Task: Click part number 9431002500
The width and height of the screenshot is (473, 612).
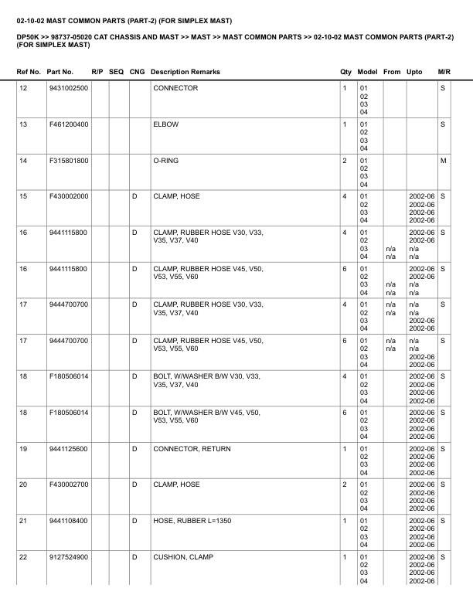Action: tap(68, 88)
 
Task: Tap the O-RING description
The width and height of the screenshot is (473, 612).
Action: tap(166, 161)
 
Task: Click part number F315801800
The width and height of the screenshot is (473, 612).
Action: tap(68, 161)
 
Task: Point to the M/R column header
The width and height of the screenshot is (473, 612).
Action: tap(444, 72)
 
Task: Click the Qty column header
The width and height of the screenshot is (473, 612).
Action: tap(345, 72)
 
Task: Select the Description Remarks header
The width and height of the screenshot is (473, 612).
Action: tap(185, 72)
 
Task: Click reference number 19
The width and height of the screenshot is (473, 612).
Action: tap(23, 449)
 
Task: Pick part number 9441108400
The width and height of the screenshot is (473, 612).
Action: tap(68, 521)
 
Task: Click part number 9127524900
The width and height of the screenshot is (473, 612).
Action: tap(68, 557)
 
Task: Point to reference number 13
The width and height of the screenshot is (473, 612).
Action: tap(23, 124)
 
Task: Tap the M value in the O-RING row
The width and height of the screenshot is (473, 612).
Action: tap(444, 161)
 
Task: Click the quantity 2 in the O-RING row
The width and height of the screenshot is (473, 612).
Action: tap(344, 161)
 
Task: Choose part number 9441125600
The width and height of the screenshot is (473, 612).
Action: tap(68, 449)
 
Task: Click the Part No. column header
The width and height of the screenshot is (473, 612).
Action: tap(60, 72)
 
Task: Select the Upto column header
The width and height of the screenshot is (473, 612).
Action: tap(414, 72)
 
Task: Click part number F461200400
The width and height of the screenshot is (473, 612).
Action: tap(68, 124)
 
